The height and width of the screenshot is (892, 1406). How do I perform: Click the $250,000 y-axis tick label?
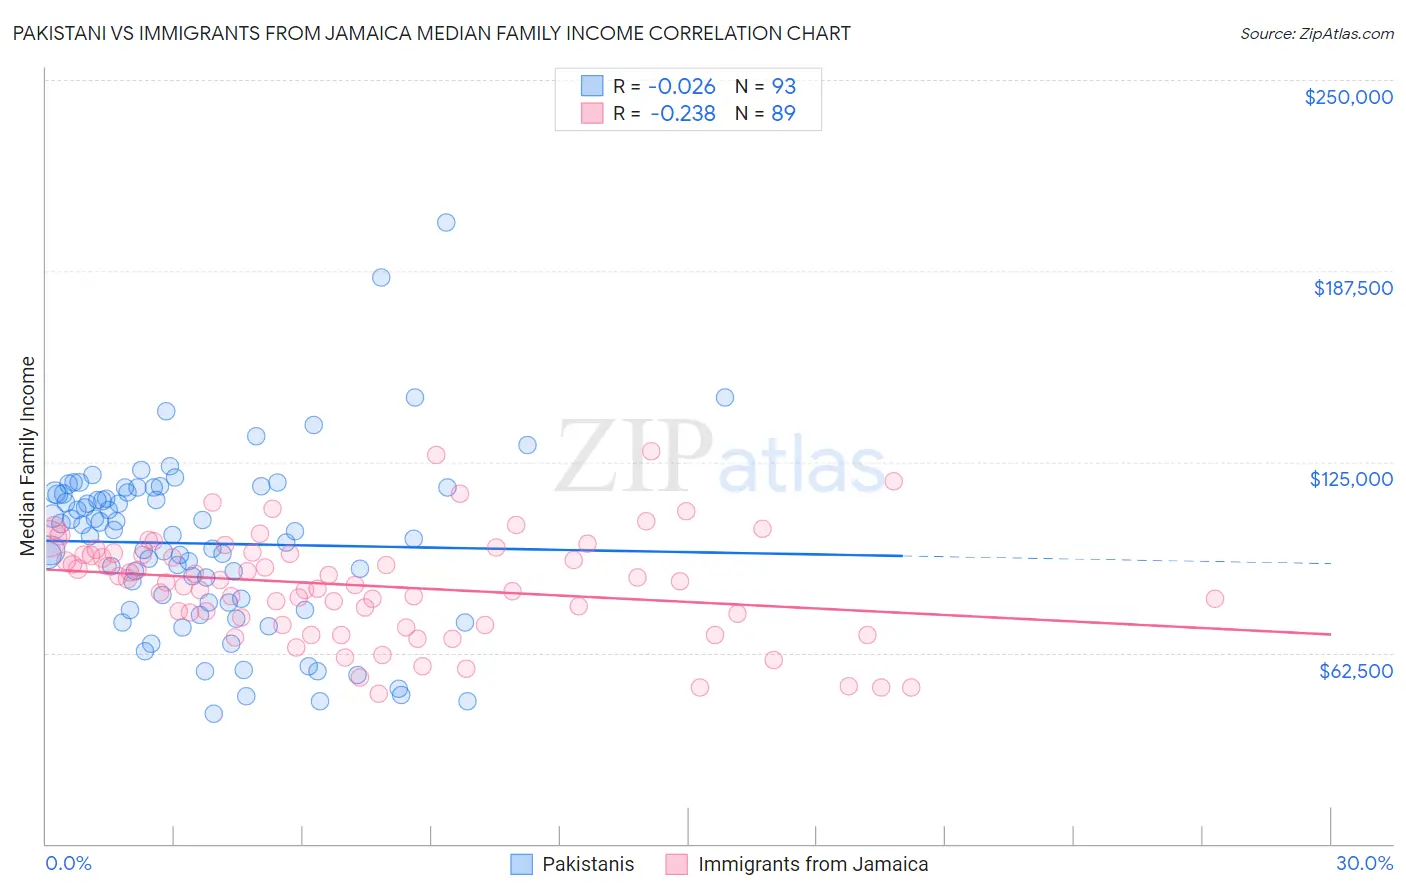pyautogui.click(x=1348, y=97)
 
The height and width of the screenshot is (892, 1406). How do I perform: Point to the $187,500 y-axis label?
pyautogui.click(x=1352, y=288)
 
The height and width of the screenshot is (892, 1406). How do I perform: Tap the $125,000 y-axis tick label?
pyautogui.click(x=1351, y=479)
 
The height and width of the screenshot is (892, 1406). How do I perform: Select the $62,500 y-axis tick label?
pyautogui.click(x=1355, y=671)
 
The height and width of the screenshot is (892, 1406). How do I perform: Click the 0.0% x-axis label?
pyautogui.click(x=68, y=863)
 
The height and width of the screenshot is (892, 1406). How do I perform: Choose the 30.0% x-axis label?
pyautogui.click(x=1364, y=863)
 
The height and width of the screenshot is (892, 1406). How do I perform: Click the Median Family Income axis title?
pyautogui.click(x=27, y=456)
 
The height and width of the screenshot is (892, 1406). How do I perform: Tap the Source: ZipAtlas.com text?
pyautogui.click(x=1316, y=34)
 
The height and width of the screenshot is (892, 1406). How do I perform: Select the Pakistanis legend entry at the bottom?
pyautogui.click(x=588, y=864)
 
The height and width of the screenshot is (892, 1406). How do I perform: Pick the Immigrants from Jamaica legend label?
pyautogui.click(x=813, y=864)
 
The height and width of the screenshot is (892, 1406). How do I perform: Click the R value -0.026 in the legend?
pyautogui.click(x=682, y=87)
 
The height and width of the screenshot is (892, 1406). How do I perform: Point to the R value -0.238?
pyautogui.click(x=682, y=114)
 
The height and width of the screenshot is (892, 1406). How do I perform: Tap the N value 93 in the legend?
pyautogui.click(x=783, y=87)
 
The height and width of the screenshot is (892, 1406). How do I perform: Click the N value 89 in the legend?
pyautogui.click(x=783, y=114)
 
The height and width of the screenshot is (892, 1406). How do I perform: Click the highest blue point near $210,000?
pyautogui.click(x=446, y=222)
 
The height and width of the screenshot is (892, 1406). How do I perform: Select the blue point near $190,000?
pyautogui.click(x=381, y=277)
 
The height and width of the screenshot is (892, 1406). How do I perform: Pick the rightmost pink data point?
pyautogui.click(x=1214, y=598)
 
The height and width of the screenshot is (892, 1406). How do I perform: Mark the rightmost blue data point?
pyautogui.click(x=725, y=397)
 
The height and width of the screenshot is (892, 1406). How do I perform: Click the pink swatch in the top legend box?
pyautogui.click(x=592, y=114)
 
